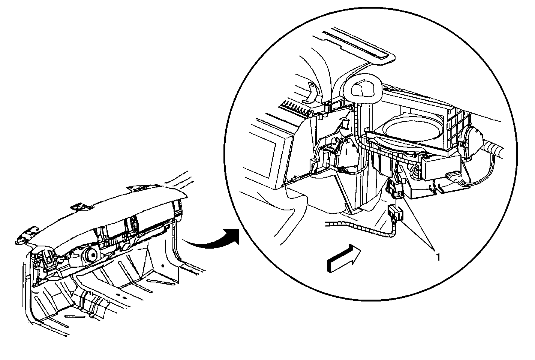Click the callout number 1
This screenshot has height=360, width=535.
[438, 257]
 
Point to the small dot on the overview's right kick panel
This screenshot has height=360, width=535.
[163, 265]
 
